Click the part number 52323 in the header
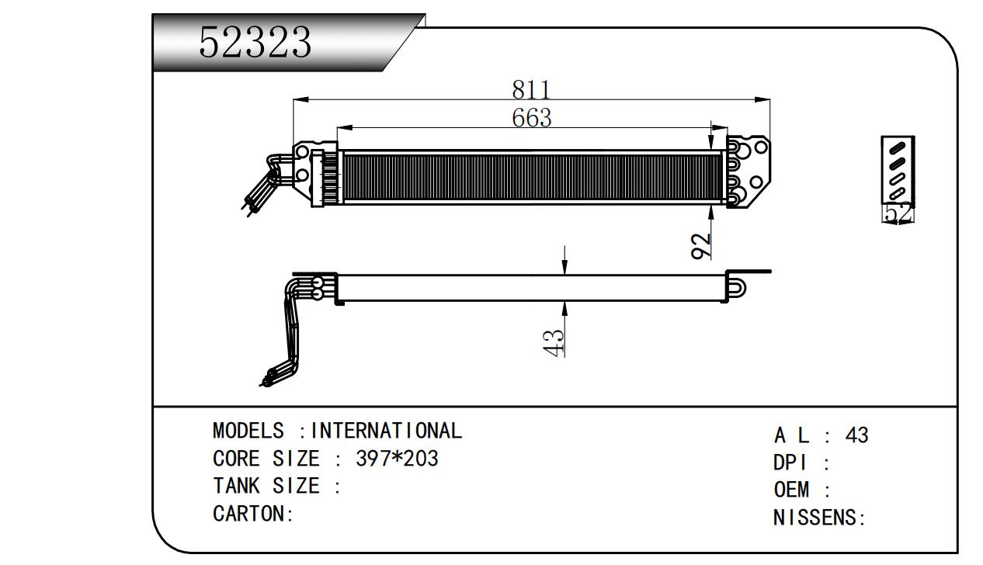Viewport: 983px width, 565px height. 255,42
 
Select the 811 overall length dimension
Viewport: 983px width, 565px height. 531,89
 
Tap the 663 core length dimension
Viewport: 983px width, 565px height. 531,117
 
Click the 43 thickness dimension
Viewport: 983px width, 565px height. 554,342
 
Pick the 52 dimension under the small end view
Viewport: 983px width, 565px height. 898,213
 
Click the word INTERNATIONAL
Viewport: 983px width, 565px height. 386,430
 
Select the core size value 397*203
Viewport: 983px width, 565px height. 397,459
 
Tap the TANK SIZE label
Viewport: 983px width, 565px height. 266,486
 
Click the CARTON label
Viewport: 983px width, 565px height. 253,514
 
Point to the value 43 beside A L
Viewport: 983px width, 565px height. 856,435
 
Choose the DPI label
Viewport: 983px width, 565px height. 790,463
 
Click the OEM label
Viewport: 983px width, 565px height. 791,490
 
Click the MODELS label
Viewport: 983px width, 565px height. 248,430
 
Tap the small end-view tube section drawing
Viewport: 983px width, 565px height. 898,170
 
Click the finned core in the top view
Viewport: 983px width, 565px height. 533,177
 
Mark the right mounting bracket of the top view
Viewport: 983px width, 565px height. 749,172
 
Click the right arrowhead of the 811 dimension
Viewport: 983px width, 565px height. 762,100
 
